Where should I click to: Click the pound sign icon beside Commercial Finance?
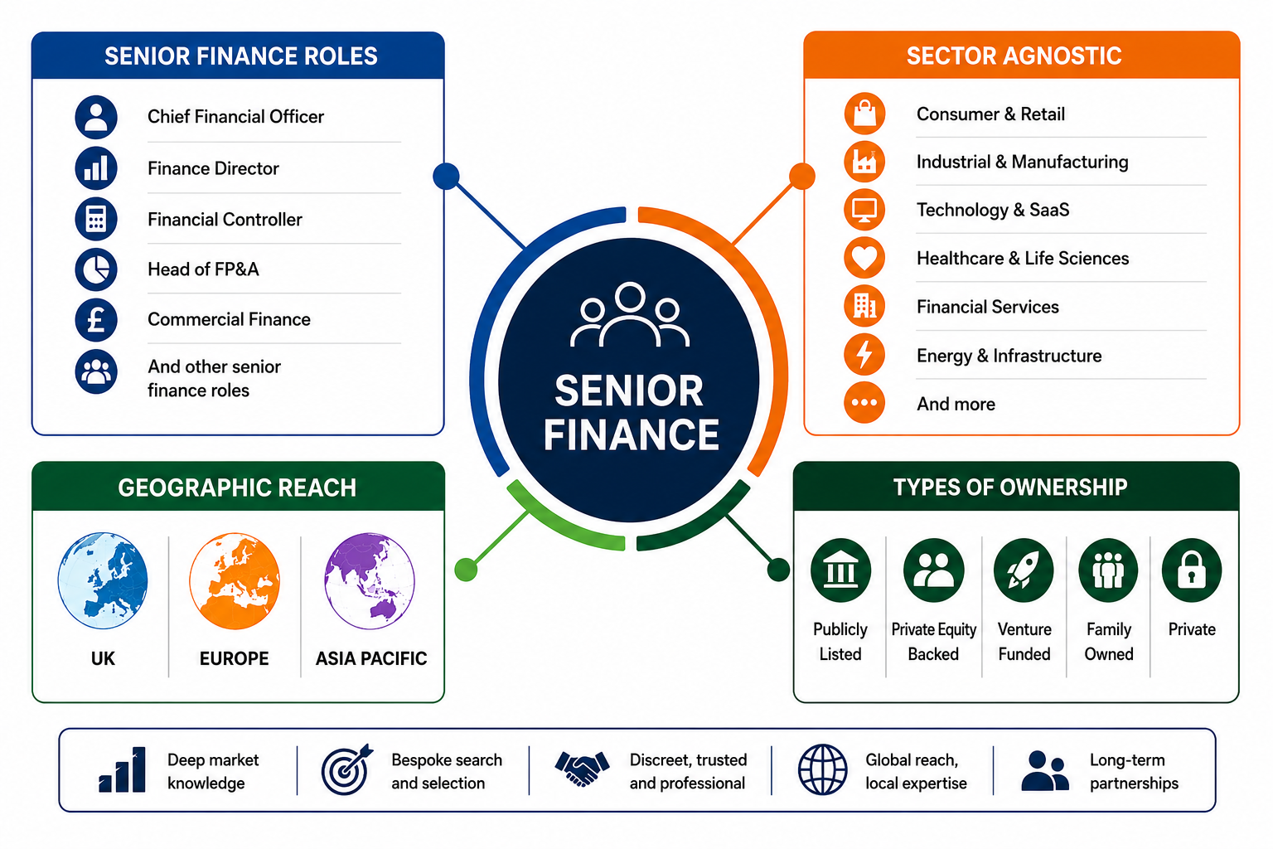(96, 320)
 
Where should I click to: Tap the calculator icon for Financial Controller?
(96, 219)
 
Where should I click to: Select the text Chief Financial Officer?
(235, 117)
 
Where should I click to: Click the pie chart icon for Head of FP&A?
(96, 269)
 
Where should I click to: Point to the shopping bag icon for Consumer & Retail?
(864, 113)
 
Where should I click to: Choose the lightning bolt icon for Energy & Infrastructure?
(864, 355)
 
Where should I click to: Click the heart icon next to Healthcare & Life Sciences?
(864, 258)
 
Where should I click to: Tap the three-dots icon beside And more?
(864, 403)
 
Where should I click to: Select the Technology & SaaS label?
(993, 210)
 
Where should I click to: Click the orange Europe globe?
(235, 580)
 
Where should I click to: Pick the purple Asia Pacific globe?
(370, 580)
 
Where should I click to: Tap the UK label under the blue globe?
(103, 658)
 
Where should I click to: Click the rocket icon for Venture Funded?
(1024, 570)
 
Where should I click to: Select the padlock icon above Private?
(1192, 570)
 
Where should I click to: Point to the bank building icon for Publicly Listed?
(840, 570)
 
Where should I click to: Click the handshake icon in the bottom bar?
(582, 769)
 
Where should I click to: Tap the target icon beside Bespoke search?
(346, 769)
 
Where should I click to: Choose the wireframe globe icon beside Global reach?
(822, 769)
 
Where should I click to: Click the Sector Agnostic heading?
(1014, 56)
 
